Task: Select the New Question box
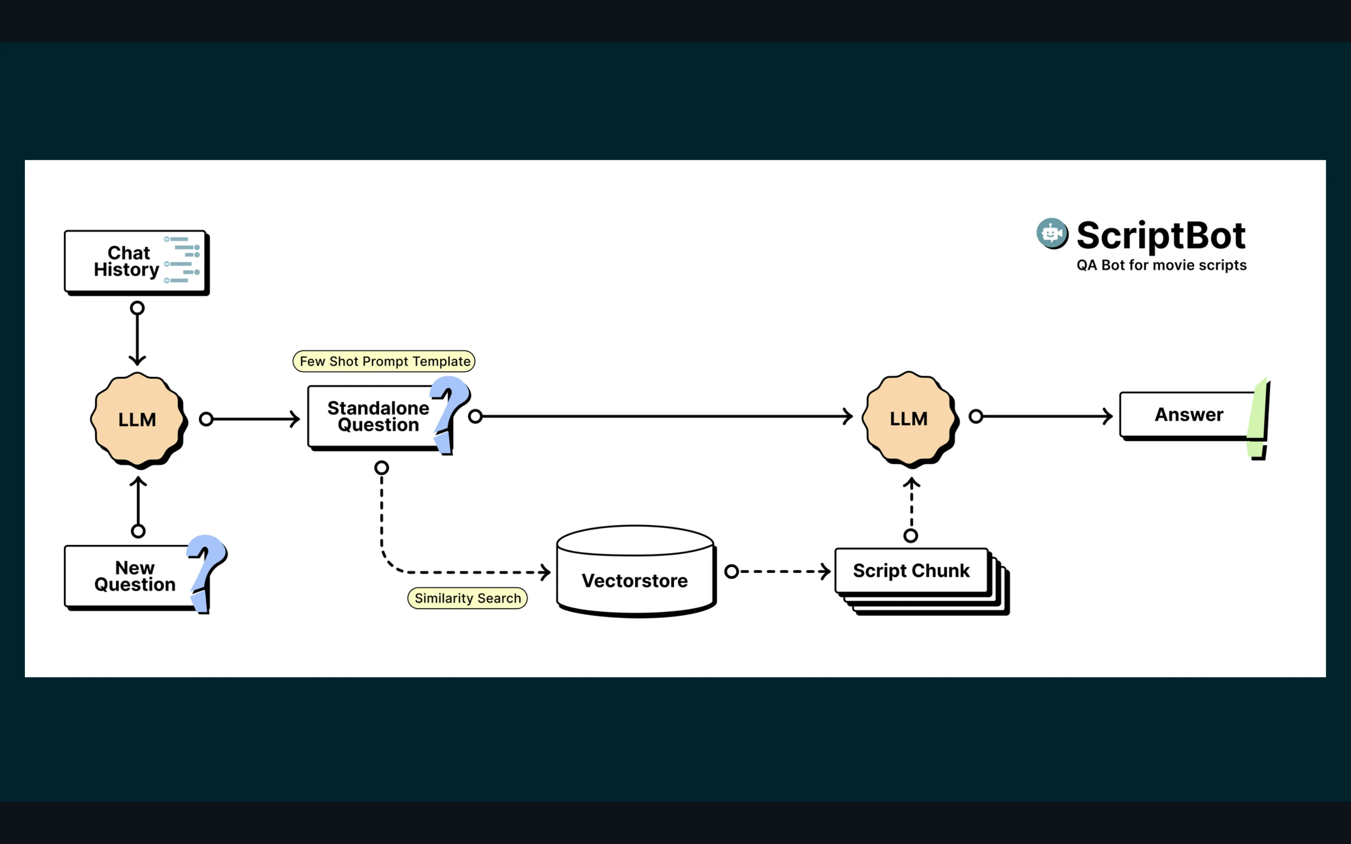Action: tap(134, 576)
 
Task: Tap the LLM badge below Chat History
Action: tap(137, 419)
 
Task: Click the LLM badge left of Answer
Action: tap(909, 418)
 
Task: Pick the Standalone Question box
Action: tap(377, 416)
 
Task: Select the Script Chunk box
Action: tap(911, 571)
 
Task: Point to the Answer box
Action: tap(1188, 415)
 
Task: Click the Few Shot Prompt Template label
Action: tap(384, 361)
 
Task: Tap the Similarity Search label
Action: tap(467, 598)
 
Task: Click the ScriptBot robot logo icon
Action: tap(1052, 234)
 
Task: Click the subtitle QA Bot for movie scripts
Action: tap(1161, 265)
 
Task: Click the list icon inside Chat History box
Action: tap(182, 260)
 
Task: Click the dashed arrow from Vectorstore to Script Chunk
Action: tap(778, 572)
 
